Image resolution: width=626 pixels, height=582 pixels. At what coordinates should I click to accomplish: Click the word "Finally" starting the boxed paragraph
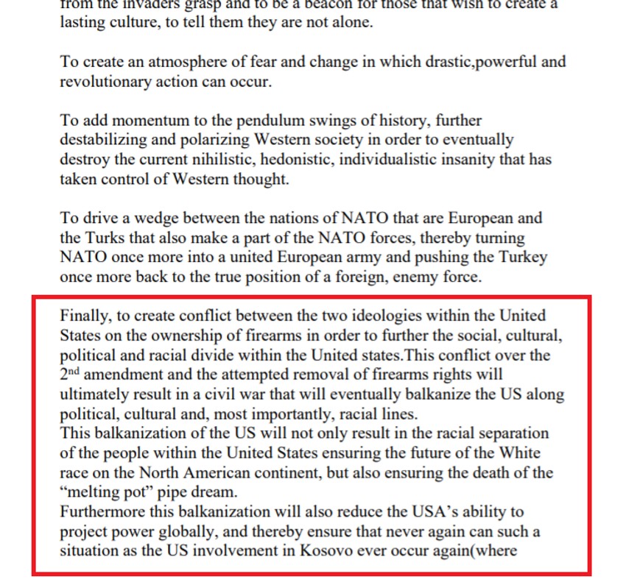click(x=84, y=316)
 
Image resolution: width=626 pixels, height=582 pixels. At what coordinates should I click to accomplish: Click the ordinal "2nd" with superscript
click(x=71, y=373)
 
